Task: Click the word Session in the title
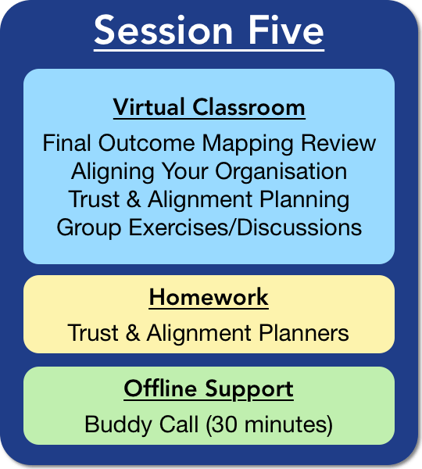point(163,30)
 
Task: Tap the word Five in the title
point(286,30)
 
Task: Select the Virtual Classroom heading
point(209,107)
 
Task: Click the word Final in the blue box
point(66,143)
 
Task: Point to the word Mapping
point(248,144)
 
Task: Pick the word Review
point(338,143)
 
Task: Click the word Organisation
point(281,172)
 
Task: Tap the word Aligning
point(113,172)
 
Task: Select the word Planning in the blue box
point(304,200)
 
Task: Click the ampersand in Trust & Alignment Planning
point(134,199)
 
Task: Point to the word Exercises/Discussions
point(245,227)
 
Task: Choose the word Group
point(89,228)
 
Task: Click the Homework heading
point(209,297)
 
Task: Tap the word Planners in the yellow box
point(304,332)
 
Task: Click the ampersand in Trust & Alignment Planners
point(133,332)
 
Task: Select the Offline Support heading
point(209,389)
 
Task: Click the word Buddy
point(119,425)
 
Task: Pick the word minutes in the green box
point(285,424)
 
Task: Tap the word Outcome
point(147,143)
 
